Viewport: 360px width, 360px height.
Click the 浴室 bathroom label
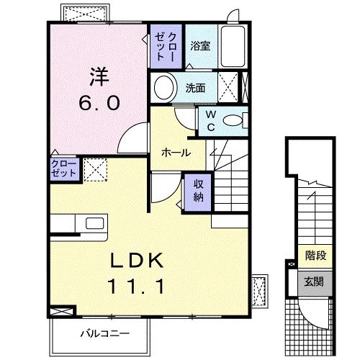click(199, 46)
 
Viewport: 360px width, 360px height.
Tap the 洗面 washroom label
click(195, 89)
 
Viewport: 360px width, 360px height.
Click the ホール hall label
click(176, 153)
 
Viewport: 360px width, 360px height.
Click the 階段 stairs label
click(315, 254)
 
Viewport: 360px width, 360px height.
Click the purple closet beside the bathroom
click(166, 48)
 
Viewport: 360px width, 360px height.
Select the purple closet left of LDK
click(63, 170)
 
